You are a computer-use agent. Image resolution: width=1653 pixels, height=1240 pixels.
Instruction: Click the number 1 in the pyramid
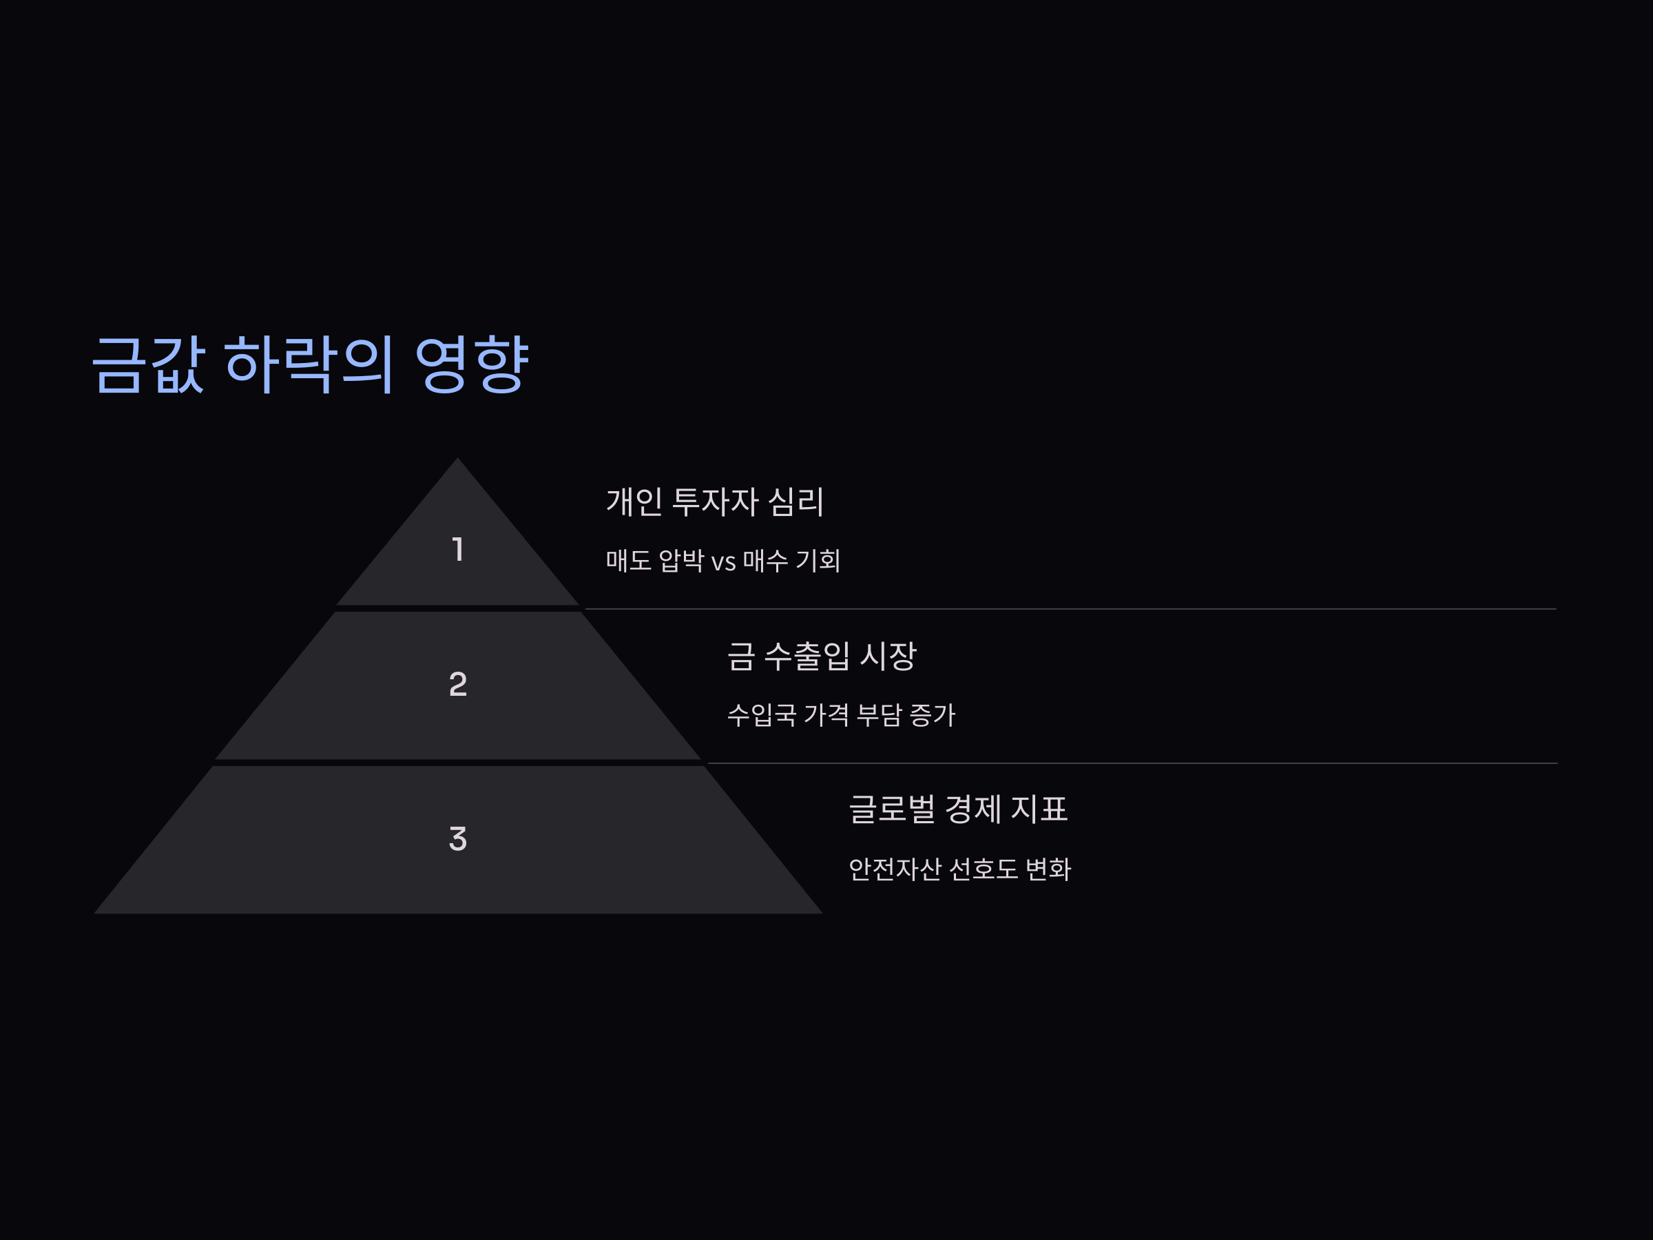point(458,549)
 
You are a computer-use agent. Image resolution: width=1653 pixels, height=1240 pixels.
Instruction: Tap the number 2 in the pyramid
point(458,684)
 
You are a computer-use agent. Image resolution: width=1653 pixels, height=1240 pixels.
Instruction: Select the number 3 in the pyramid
point(458,838)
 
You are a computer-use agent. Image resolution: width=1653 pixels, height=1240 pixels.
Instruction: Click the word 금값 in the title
point(148,364)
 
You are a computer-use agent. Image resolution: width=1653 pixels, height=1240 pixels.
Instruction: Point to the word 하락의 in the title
point(309,364)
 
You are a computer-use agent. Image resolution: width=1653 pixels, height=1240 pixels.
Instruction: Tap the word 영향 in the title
point(472,364)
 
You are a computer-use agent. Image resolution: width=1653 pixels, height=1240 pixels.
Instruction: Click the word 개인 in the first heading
point(634,501)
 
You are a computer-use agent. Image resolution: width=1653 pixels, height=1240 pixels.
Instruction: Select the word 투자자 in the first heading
point(715,501)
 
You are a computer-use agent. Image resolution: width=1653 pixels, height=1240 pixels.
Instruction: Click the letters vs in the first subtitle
point(722,561)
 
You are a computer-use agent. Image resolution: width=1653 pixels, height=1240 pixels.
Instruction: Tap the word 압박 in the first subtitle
point(680,561)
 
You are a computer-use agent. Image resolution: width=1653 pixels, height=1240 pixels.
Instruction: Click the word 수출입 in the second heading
point(807,656)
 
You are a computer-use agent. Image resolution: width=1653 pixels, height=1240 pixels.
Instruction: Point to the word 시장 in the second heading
point(888,656)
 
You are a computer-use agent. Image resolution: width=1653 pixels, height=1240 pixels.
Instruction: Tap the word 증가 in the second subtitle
point(932,714)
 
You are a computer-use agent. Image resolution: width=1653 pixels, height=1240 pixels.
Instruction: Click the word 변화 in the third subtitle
point(1048,869)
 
